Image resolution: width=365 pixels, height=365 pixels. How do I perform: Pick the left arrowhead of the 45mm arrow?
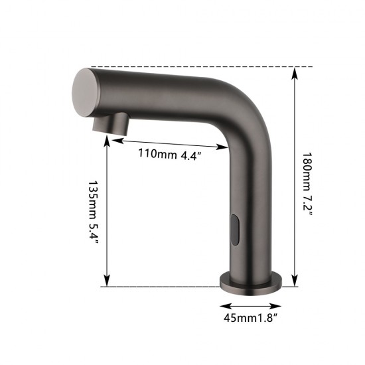click(224, 306)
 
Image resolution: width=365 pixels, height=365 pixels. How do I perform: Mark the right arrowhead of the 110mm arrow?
click(224, 147)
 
